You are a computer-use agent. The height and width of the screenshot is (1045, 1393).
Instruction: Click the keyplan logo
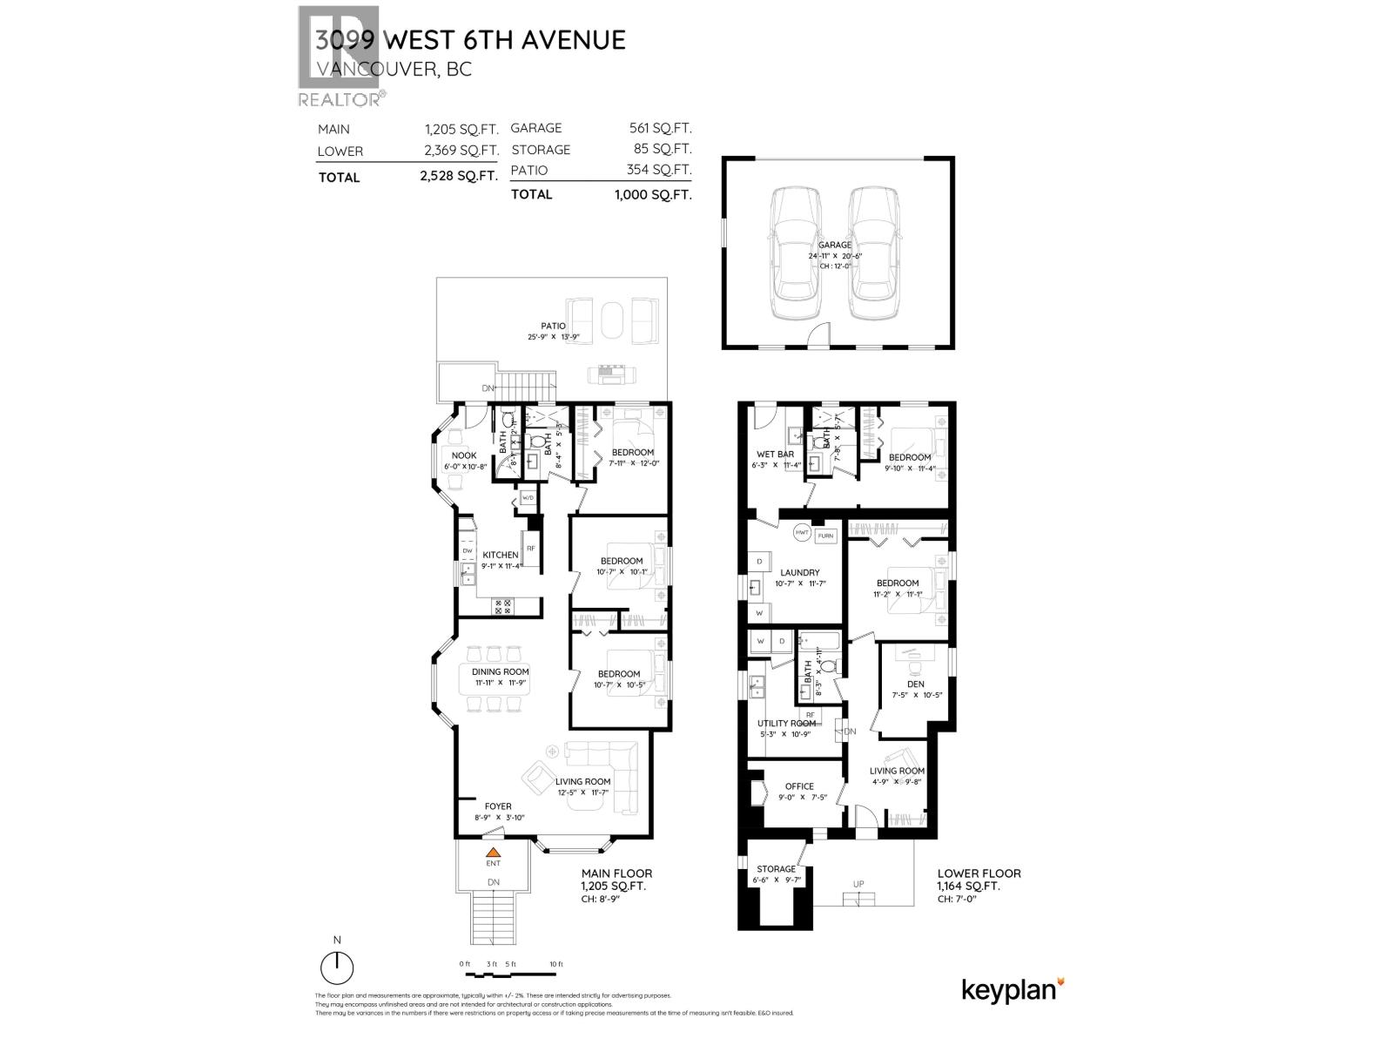[1013, 990]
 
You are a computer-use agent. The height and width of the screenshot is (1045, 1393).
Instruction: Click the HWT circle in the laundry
[802, 532]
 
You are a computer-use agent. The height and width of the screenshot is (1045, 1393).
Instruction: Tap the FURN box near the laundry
[825, 536]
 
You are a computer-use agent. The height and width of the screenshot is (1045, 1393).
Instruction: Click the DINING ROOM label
[501, 671]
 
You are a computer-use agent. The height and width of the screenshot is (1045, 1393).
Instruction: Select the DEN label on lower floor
[915, 684]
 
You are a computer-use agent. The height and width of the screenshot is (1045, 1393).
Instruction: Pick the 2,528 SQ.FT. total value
[459, 176]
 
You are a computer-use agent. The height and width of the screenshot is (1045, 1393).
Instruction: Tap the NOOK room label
[463, 455]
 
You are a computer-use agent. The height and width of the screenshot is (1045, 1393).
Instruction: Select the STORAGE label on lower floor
[776, 868]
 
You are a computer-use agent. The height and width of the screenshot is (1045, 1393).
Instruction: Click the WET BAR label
[775, 454]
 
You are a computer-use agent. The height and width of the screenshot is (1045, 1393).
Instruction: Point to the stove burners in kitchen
[504, 606]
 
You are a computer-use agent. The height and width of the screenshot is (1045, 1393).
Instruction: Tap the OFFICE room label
[799, 785]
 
